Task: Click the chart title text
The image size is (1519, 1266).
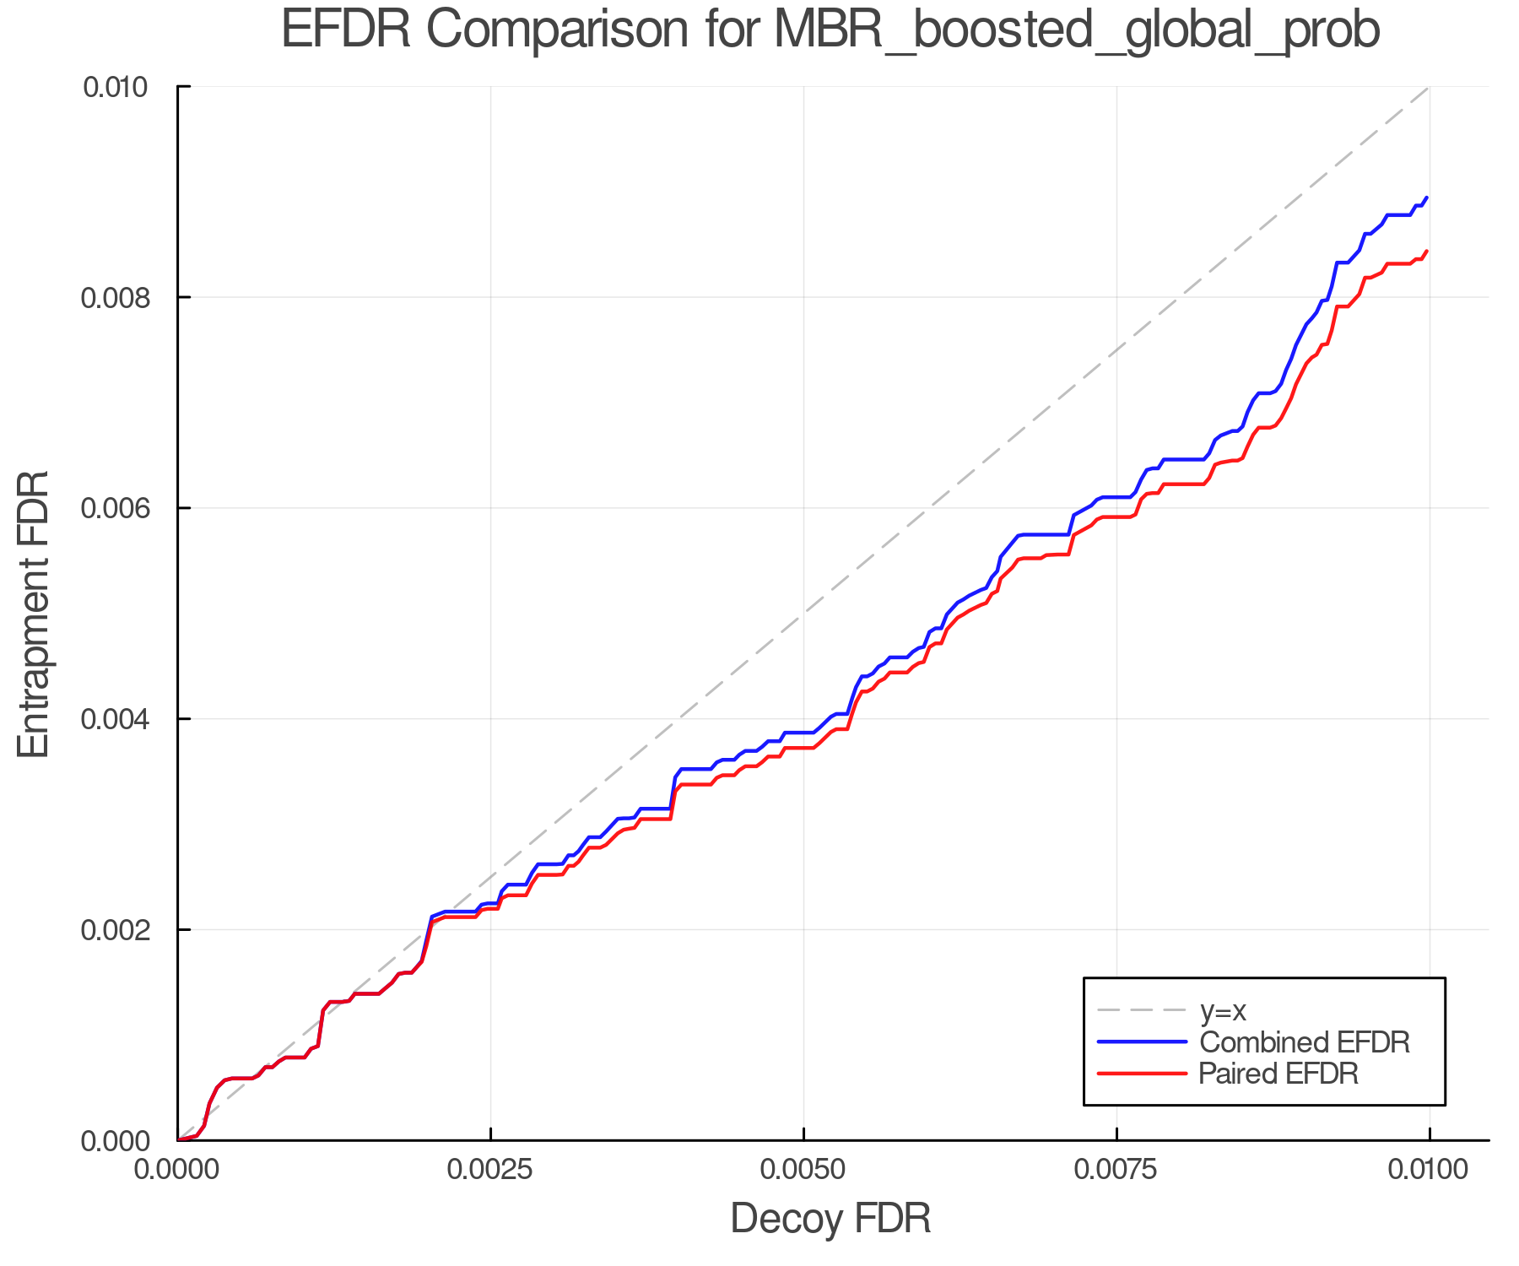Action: (830, 30)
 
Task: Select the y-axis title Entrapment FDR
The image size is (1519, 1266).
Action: (34, 614)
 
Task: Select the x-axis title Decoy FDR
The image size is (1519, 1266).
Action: (830, 1219)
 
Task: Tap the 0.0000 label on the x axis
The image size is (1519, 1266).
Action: (178, 1171)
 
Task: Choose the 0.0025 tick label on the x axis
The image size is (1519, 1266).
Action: (490, 1171)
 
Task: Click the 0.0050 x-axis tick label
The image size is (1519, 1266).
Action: (803, 1171)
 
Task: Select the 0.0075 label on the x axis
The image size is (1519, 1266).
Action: (1116, 1171)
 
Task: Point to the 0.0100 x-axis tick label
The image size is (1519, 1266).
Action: (1429, 1171)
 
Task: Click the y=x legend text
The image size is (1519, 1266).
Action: (1223, 1010)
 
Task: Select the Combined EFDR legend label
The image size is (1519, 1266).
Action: (1304, 1042)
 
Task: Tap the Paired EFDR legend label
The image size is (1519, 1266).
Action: (1278, 1074)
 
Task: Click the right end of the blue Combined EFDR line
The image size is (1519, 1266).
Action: (1427, 197)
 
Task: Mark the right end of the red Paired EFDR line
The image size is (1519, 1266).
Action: (1427, 251)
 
